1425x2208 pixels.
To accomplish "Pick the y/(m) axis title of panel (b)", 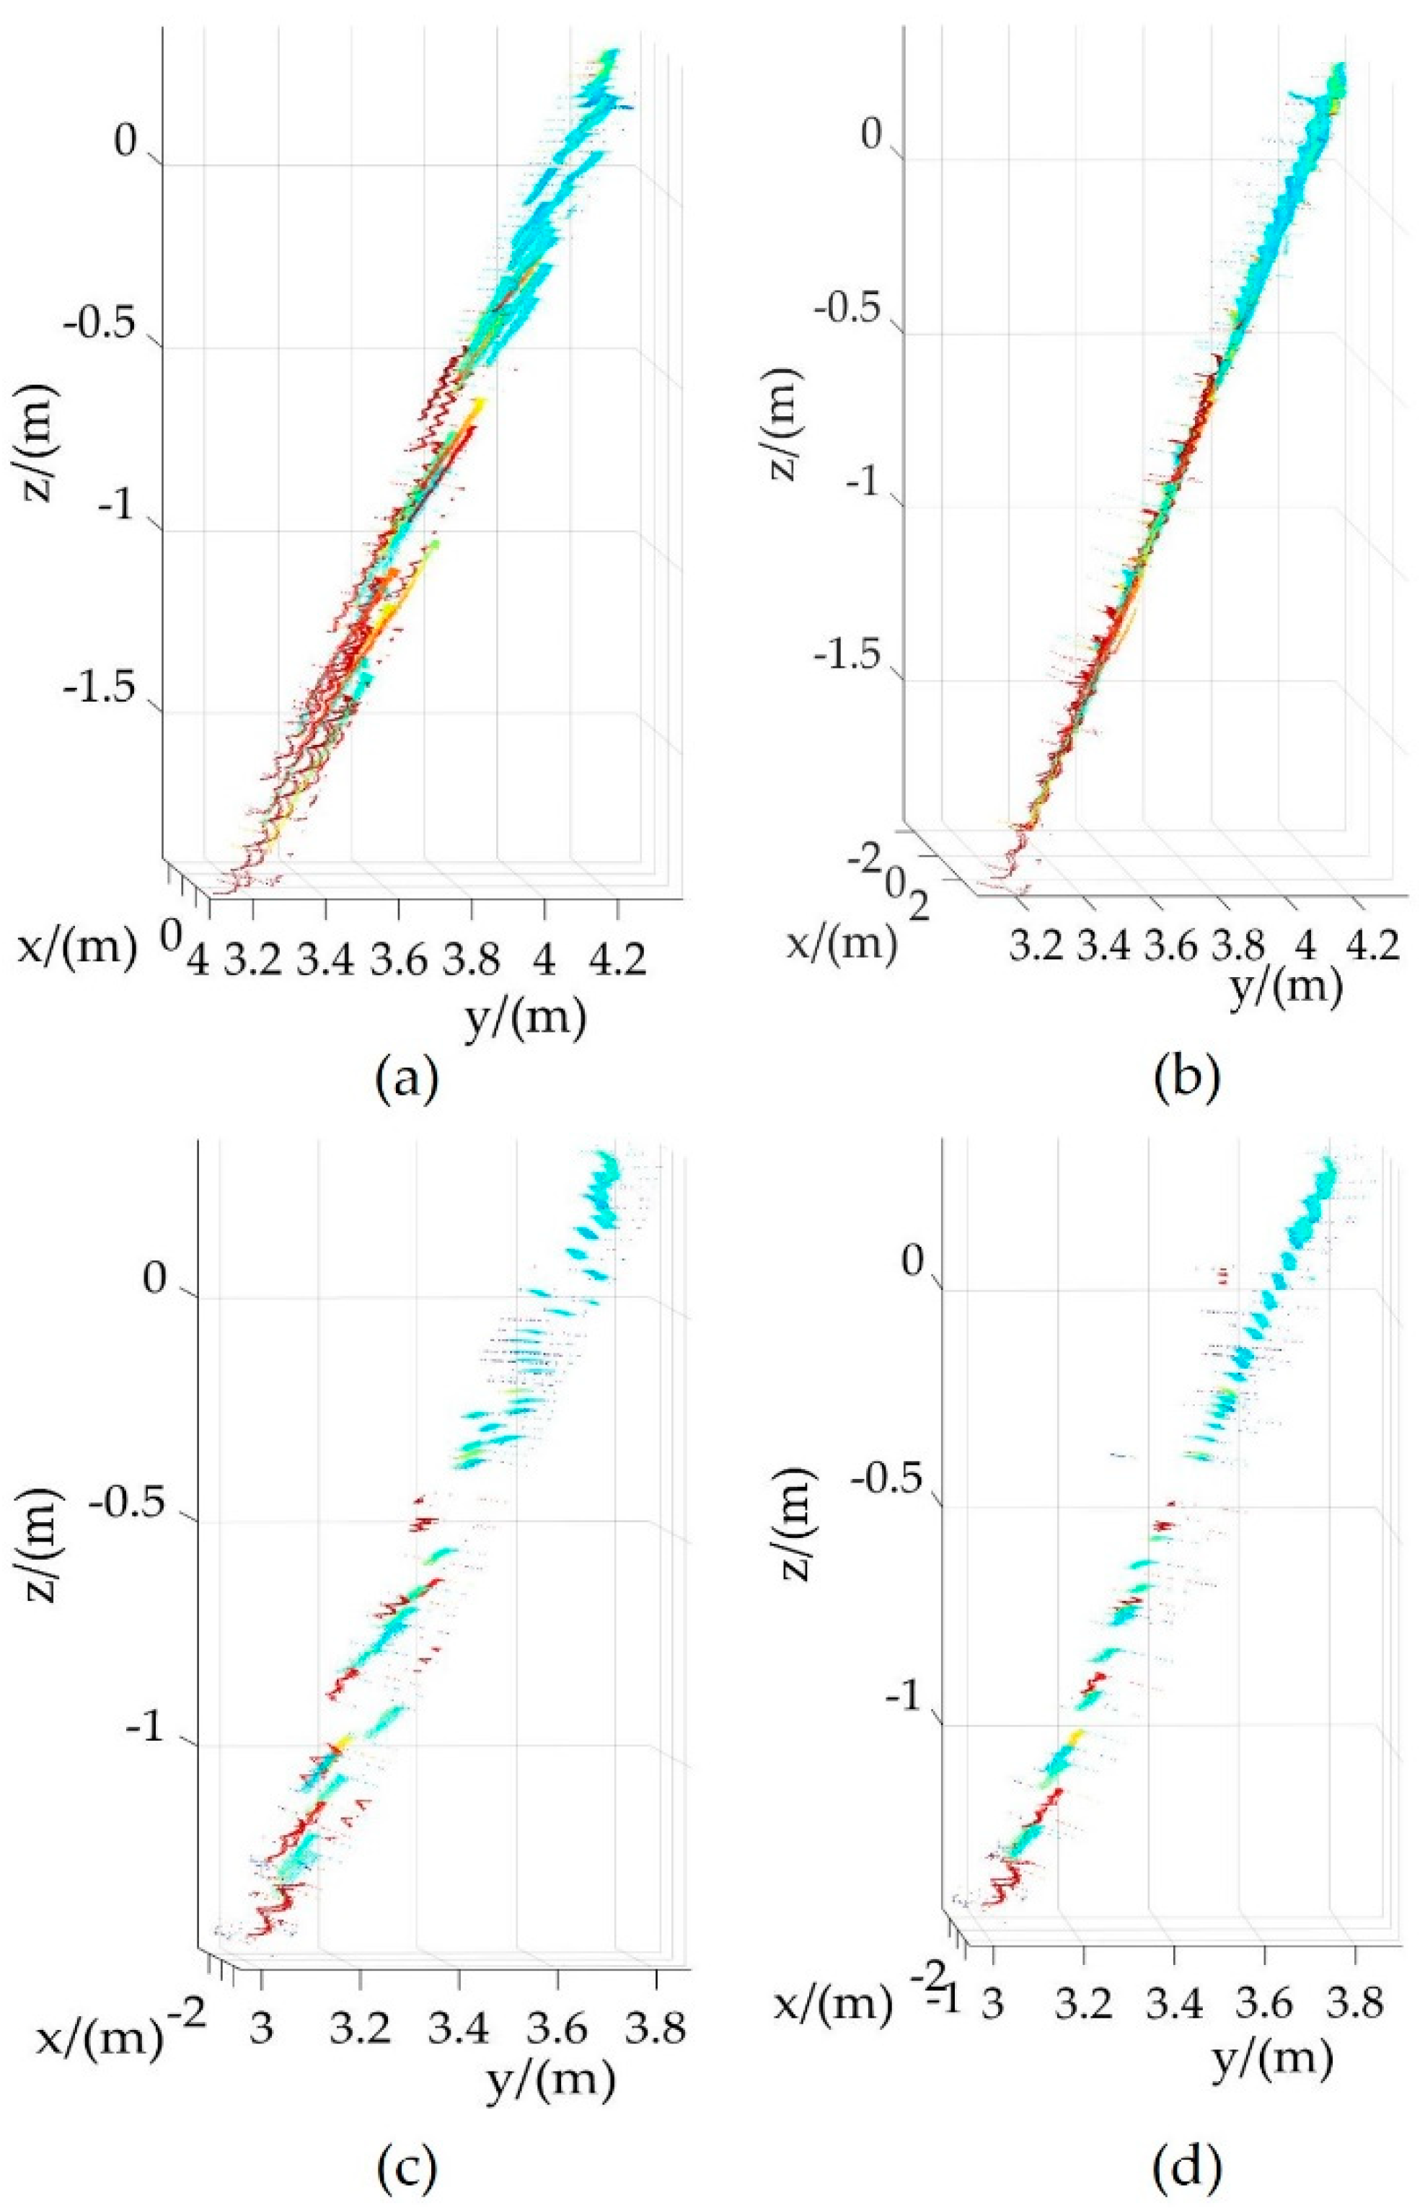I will click(x=1287, y=987).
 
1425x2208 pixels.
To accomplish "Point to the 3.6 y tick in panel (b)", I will click(x=1170, y=945).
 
